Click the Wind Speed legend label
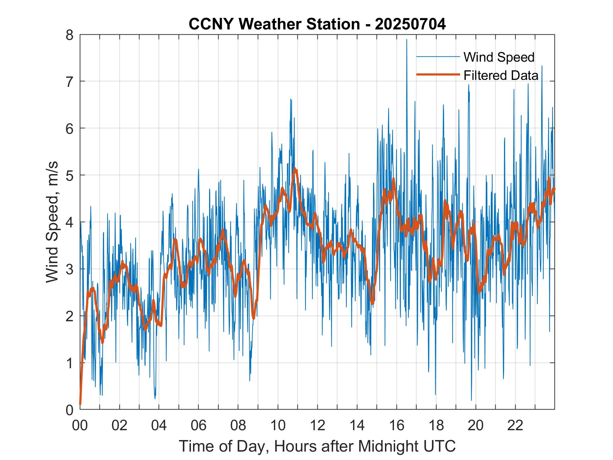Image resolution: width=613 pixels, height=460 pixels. [x=499, y=57]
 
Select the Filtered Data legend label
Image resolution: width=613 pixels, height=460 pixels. [x=501, y=75]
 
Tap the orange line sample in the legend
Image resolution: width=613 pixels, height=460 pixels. [x=438, y=75]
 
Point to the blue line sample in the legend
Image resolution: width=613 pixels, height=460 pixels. [x=438, y=56]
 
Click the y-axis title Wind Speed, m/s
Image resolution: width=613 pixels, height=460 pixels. [x=52, y=222]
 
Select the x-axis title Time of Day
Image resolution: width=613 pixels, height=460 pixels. [x=317, y=446]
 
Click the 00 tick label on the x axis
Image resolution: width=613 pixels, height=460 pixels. [x=80, y=425]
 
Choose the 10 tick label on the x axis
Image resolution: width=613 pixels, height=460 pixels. [x=278, y=425]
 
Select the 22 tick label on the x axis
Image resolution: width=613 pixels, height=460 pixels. [x=515, y=425]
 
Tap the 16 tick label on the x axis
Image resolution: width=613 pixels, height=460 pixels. [x=397, y=425]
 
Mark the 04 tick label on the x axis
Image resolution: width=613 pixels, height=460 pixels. [x=159, y=425]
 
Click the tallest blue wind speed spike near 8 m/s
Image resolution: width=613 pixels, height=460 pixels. [x=406, y=40]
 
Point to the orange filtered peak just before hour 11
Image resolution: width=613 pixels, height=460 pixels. [x=295, y=169]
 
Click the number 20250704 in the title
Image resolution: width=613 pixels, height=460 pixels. [x=410, y=24]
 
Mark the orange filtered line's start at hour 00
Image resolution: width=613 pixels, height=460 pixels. [x=80, y=404]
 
